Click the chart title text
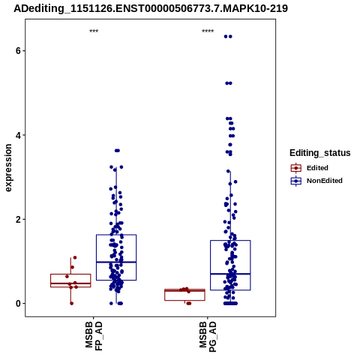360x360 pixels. click(151, 9)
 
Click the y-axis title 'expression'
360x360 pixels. click(8, 168)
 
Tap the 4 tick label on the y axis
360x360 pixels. click(18, 135)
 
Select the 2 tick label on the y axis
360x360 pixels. click(18, 219)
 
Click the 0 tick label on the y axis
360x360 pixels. click(18, 304)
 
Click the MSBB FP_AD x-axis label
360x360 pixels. click(94, 336)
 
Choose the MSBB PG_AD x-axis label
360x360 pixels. click(208, 337)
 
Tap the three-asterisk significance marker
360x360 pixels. click(94, 31)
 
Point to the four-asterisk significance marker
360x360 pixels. click(208, 31)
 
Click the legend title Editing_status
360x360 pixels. click(320, 153)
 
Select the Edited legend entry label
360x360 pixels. click(317, 168)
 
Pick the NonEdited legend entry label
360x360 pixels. click(325, 181)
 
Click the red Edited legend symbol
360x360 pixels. click(296, 168)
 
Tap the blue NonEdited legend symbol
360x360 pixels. click(296, 181)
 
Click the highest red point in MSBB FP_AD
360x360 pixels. click(75, 257)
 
